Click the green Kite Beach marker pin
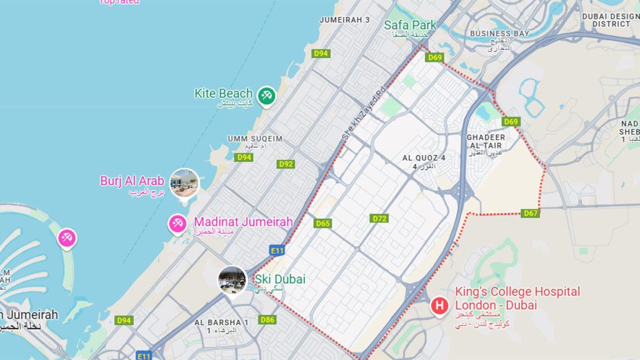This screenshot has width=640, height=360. point(267,95)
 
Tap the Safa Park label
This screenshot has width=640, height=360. point(410,25)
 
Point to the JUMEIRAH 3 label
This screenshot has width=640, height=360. point(344,20)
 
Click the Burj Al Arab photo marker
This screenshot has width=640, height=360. point(184,182)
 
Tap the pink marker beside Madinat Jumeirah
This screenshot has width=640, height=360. point(177,223)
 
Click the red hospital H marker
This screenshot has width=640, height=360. point(440,306)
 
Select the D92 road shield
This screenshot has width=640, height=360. point(286,164)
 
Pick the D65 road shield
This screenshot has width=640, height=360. point(323,223)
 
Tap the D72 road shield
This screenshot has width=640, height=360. point(379,219)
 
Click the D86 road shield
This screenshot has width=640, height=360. point(267,320)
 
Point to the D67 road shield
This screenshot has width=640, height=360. point(531,214)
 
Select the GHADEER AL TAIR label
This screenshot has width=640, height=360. point(485,141)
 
